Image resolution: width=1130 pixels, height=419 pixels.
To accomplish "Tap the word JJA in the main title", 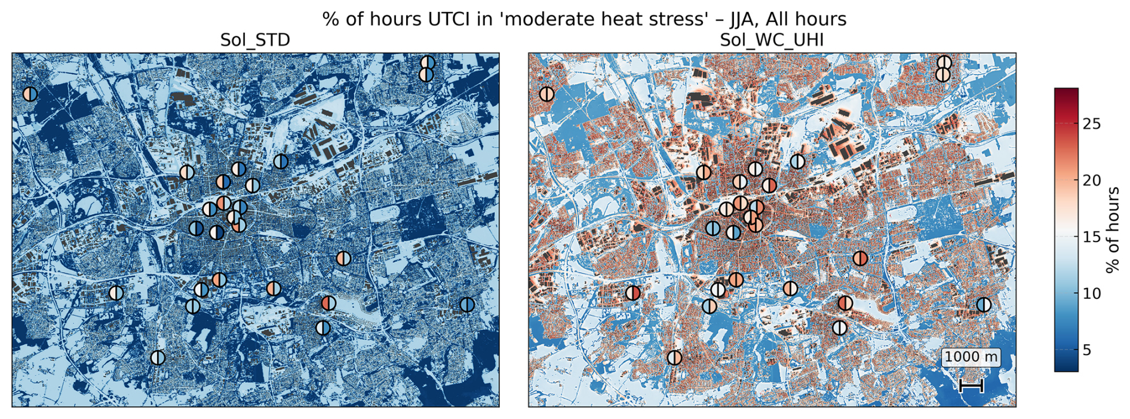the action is pyautogui.click(x=744, y=20).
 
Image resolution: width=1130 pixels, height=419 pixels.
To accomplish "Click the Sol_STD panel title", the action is pyautogui.click(x=255, y=40).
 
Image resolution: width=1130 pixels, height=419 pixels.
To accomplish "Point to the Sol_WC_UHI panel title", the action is pyautogui.click(x=772, y=40).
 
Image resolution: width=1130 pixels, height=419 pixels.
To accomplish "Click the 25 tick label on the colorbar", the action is pyautogui.click(x=1092, y=124).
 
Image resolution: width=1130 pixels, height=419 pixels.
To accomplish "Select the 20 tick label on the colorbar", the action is pyautogui.click(x=1092, y=181).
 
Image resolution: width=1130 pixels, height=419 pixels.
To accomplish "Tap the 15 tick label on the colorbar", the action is pyautogui.click(x=1092, y=237).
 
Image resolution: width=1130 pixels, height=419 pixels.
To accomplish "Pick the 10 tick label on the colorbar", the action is pyautogui.click(x=1092, y=293).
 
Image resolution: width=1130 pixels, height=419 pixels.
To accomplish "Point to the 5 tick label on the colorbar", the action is pyautogui.click(x=1087, y=350).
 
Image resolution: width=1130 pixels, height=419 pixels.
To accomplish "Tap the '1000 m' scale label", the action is pyautogui.click(x=971, y=357).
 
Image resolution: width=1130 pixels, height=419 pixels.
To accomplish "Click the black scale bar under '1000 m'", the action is pyautogui.click(x=971, y=386).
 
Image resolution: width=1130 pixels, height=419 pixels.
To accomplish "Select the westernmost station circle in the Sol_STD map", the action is pyautogui.click(x=30, y=94).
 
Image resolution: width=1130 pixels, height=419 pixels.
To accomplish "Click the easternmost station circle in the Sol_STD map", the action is pyautogui.click(x=467, y=305).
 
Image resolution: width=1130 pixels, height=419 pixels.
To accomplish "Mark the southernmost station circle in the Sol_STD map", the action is pyautogui.click(x=158, y=357).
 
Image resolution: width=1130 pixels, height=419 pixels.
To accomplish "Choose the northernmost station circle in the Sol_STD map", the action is pyautogui.click(x=428, y=63).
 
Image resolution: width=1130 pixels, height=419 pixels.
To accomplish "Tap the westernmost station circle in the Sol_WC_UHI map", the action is pyautogui.click(x=546, y=94).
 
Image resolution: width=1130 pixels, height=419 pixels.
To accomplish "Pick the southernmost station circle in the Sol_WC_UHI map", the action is pyautogui.click(x=674, y=357).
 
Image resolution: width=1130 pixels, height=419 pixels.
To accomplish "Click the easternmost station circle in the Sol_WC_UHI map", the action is pyautogui.click(x=984, y=305).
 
